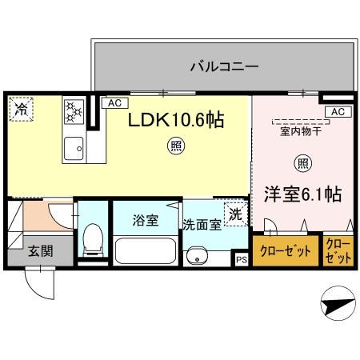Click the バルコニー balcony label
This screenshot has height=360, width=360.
(223, 66)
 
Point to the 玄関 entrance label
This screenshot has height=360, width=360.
(42, 250)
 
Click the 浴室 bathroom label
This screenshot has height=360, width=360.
(145, 218)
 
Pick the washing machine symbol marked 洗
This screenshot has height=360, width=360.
(235, 214)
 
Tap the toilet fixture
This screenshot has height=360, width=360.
(93, 238)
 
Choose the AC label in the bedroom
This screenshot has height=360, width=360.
(336, 112)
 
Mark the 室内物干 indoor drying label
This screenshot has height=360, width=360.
(301, 133)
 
